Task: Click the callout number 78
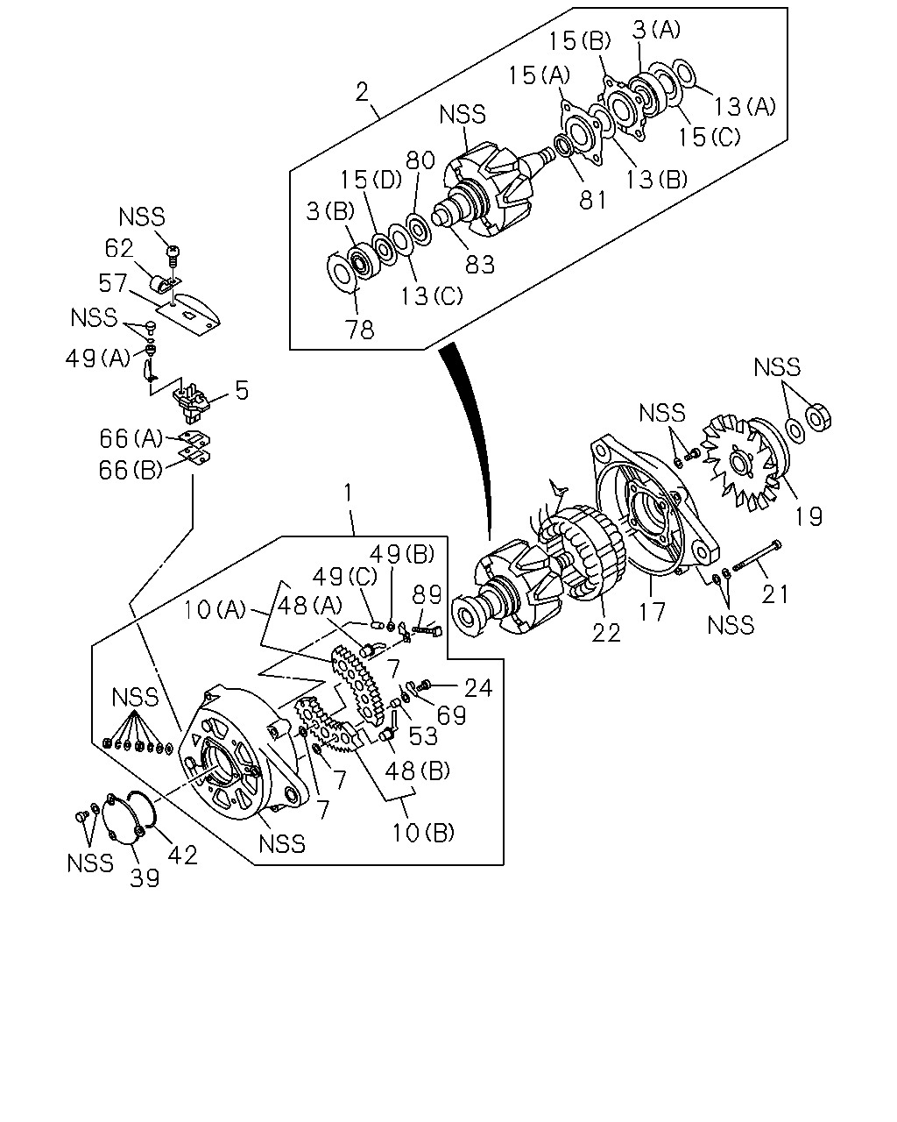pyautogui.click(x=359, y=330)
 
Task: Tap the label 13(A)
pyautogui.click(x=745, y=106)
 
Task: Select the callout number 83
pyautogui.click(x=479, y=265)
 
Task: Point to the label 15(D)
pyautogui.click(x=371, y=180)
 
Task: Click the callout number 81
pyautogui.click(x=593, y=200)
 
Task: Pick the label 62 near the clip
pyautogui.click(x=119, y=248)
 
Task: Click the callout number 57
pyautogui.click(x=113, y=283)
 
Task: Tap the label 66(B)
pyautogui.click(x=131, y=470)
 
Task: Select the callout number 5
pyautogui.click(x=242, y=390)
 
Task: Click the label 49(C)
pyautogui.click(x=344, y=577)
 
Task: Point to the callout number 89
pyautogui.click(x=427, y=594)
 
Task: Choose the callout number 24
pyautogui.click(x=478, y=688)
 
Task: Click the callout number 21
pyautogui.click(x=774, y=593)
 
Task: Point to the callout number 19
pyautogui.click(x=809, y=516)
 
